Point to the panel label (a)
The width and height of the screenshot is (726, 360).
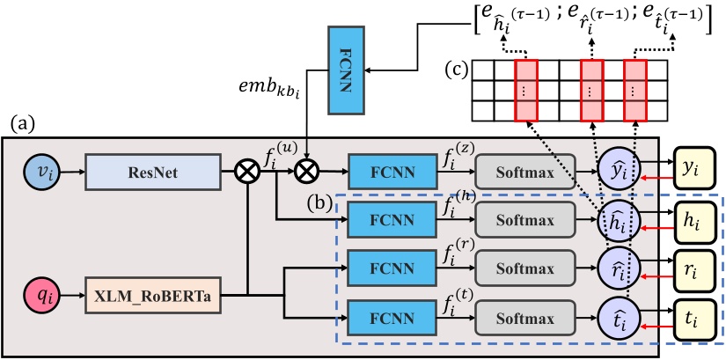[20, 123]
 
